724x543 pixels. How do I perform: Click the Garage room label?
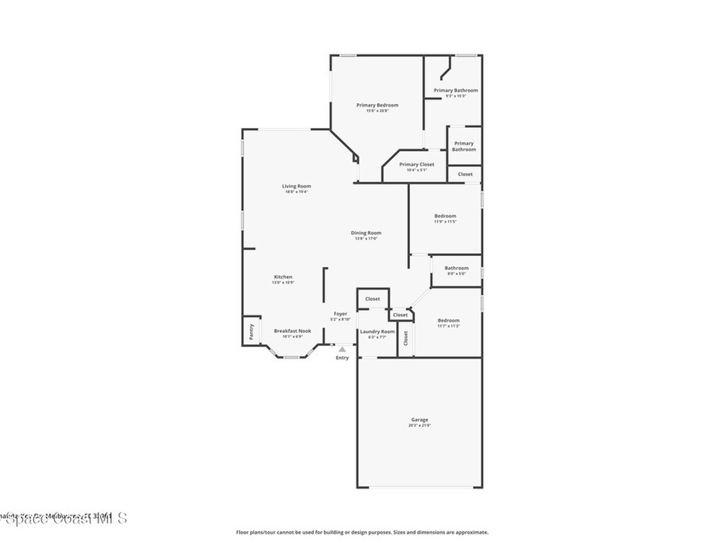coord(419,419)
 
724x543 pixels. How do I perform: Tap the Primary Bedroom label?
coord(377,105)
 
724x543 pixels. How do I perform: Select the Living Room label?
coord(296,186)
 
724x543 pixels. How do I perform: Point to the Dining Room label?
coord(366,233)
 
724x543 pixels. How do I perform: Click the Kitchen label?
coord(283,276)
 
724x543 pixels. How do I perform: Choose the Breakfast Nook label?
coord(292,331)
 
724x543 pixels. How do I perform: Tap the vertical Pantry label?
coord(251,332)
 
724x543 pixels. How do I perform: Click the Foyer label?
coord(341,313)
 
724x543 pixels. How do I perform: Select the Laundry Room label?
coord(377,332)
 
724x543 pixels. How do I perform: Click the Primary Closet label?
coord(416,164)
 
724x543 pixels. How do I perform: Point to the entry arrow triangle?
coord(342,349)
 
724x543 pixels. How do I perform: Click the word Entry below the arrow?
coord(342,358)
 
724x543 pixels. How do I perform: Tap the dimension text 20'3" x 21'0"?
coord(419,426)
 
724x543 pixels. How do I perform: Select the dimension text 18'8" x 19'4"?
coord(296,192)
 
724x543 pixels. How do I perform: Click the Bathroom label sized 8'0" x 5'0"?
coord(456,268)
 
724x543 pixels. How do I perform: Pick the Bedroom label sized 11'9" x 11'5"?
coord(445,216)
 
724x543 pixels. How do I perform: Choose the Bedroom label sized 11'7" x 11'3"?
coord(448,320)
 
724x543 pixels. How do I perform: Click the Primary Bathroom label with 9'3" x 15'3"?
coord(455,90)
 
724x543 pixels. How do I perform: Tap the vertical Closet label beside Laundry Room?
coord(406,338)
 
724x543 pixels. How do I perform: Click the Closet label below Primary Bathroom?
coord(465,174)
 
